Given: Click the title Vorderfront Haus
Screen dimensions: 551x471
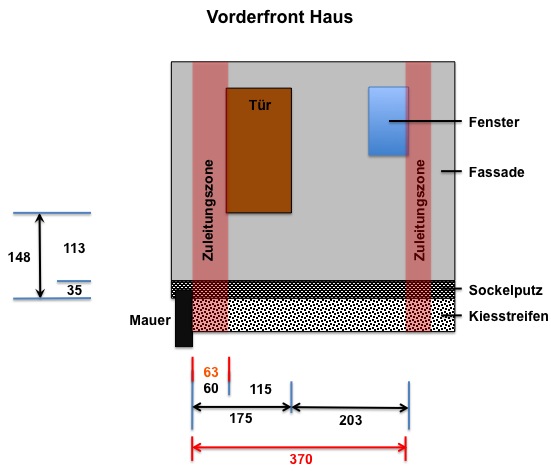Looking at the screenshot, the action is tap(280, 17).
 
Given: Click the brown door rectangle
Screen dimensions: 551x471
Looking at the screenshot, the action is tap(259, 150).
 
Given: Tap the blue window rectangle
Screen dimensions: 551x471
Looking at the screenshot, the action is tap(388, 121).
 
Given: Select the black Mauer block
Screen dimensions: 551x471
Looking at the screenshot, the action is tap(184, 318).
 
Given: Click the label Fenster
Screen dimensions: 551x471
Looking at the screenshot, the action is tap(494, 122).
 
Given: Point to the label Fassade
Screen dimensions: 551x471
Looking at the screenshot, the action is tap(497, 172).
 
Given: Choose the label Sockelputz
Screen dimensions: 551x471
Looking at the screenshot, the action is tap(506, 290).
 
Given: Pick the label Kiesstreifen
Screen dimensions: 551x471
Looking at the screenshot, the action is tap(508, 316).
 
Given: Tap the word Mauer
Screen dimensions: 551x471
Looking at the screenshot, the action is tap(150, 320).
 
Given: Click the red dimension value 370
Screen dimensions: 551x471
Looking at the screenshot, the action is tap(301, 459).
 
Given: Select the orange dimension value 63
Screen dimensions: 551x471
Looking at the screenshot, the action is tap(211, 372).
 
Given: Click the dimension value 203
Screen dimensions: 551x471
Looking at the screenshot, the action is tap(350, 420).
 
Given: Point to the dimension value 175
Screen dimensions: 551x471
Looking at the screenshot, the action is tap(241, 418).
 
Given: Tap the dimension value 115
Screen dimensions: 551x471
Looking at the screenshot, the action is tap(260, 389).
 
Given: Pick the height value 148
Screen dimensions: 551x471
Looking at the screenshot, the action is tap(19, 257).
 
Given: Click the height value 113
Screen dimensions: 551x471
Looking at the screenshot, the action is tap(74, 248).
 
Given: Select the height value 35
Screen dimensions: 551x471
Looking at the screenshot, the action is tap(74, 290).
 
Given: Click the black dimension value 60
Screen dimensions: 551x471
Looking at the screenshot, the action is tap(211, 388).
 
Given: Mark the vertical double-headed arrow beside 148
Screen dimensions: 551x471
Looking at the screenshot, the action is tap(40, 256).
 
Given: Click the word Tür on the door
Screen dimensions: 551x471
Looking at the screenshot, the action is tap(260, 105).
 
